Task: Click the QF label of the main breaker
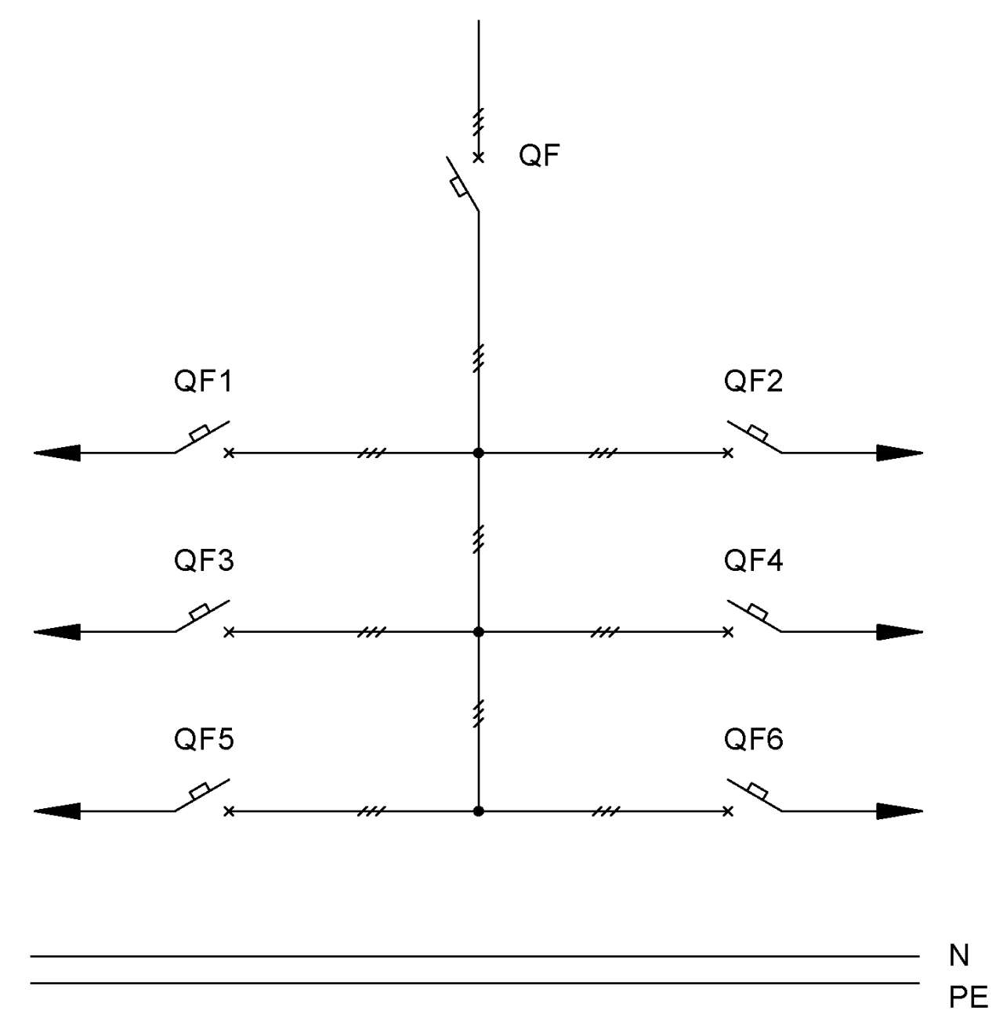tap(538, 156)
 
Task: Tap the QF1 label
tap(203, 381)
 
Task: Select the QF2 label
tap(753, 381)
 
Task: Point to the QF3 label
tap(204, 561)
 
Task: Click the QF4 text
tap(753, 561)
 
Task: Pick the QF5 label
tap(204, 739)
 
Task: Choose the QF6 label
tap(753, 739)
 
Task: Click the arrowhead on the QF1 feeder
tap(57, 453)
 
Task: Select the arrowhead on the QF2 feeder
tap(900, 453)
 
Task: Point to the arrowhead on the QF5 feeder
tap(57, 811)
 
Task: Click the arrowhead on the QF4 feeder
tap(900, 632)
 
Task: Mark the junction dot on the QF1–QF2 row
tap(478, 453)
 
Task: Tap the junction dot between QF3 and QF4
tap(478, 632)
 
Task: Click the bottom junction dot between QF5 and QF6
tap(478, 811)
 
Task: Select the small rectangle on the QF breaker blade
tap(458, 188)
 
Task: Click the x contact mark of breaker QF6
tap(728, 811)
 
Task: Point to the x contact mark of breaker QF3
tap(229, 632)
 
